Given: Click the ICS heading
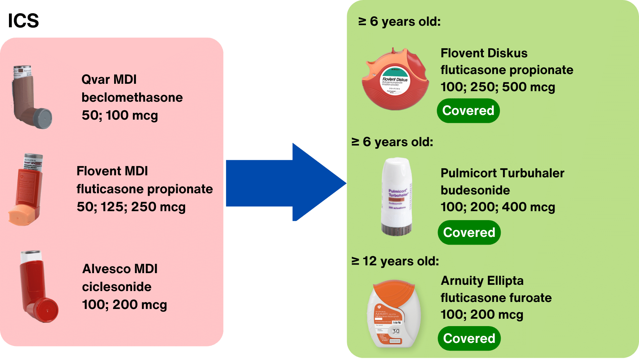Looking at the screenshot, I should [x=23, y=21].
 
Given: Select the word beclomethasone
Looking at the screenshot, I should [x=132, y=97].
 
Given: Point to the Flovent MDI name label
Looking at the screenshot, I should [x=112, y=171].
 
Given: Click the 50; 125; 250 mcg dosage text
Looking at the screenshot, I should [x=131, y=207].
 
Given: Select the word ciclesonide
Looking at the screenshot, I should [x=117, y=287].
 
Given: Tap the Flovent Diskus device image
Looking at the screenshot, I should [x=395, y=80].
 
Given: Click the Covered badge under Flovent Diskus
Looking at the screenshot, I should [x=468, y=111].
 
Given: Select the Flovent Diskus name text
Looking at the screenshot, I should [x=484, y=53].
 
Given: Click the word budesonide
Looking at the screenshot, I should [x=475, y=190].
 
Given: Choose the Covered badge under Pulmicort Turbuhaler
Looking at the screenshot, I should [x=469, y=233].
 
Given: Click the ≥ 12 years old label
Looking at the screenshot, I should [x=395, y=261].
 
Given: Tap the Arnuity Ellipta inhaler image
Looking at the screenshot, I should [x=394, y=314].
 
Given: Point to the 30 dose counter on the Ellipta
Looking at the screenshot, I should [x=396, y=331].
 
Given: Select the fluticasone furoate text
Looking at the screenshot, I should [x=496, y=298].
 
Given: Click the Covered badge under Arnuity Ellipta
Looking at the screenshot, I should [x=469, y=339].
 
